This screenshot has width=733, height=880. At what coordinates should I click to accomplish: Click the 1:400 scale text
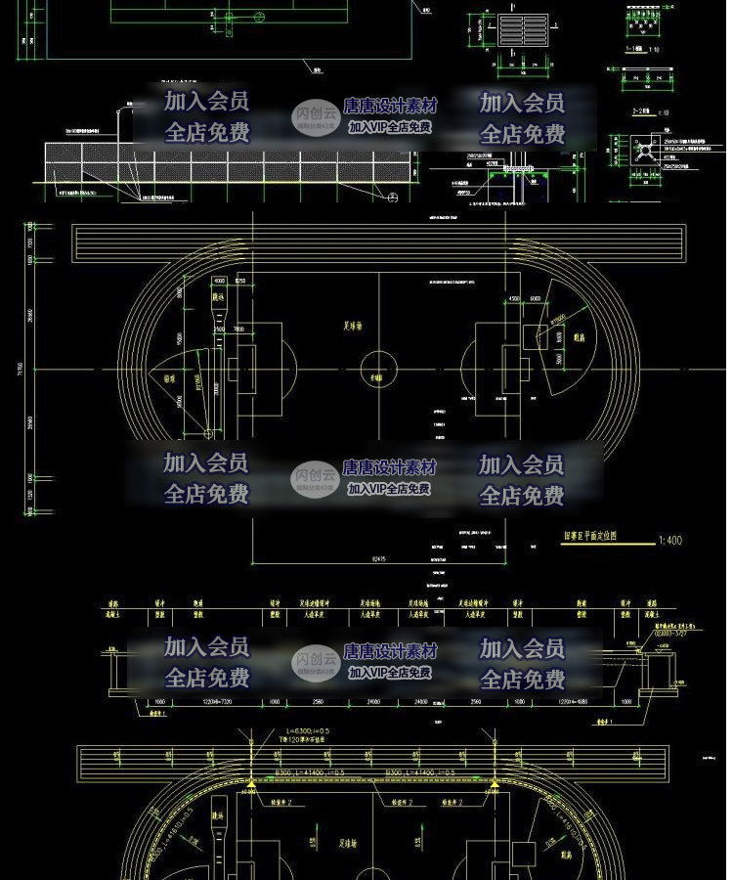(671, 539)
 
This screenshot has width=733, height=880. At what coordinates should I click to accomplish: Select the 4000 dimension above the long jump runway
(216, 281)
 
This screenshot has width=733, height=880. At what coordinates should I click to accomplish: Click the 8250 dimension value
(239, 281)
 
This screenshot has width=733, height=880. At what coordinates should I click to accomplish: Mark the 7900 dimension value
(237, 329)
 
